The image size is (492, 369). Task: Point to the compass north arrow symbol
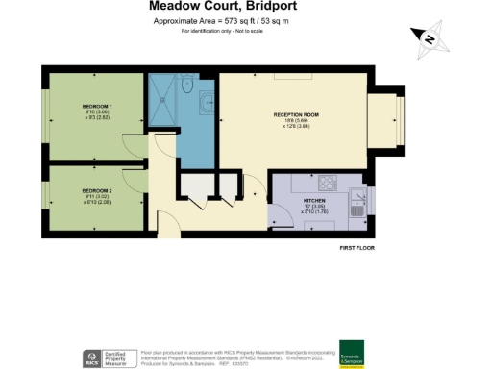click(x=430, y=38)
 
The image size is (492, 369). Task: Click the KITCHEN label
click(x=288, y=199)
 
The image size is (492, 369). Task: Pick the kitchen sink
click(x=357, y=201)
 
